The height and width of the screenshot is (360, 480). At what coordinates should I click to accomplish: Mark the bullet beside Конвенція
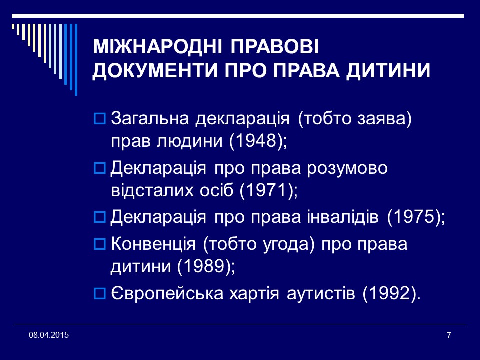100,245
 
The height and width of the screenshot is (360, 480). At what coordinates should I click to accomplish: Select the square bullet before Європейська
100,294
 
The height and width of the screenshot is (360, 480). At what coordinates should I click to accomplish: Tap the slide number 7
448,335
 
